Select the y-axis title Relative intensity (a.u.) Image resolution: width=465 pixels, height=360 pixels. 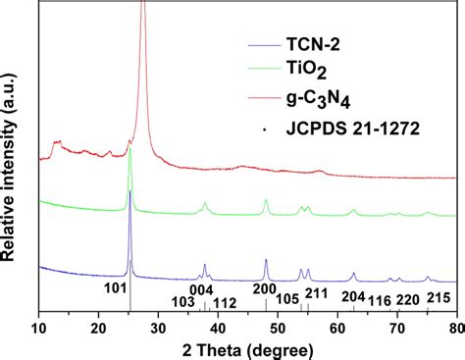(12, 157)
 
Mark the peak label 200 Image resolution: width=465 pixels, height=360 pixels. (265, 288)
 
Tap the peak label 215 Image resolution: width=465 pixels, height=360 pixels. (439, 296)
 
